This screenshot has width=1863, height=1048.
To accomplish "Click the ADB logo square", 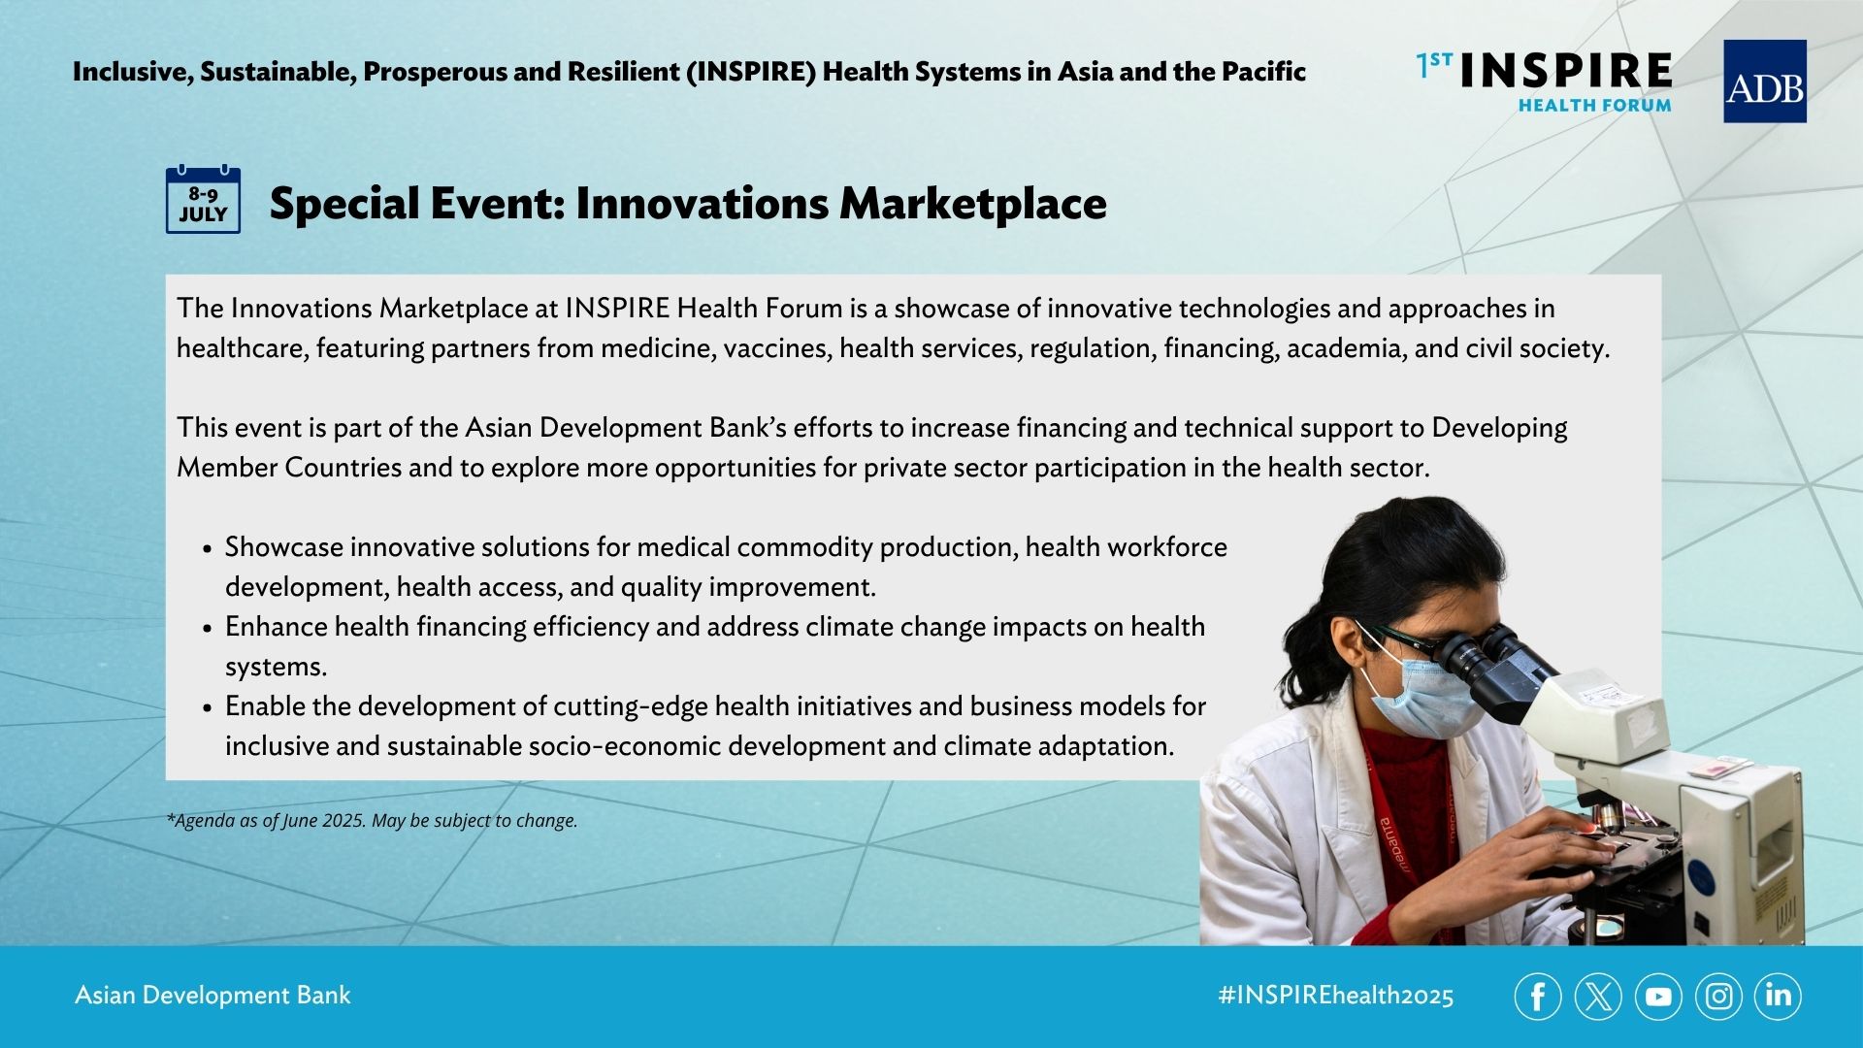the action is (x=1764, y=82).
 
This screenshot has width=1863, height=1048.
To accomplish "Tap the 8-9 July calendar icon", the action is (x=203, y=200).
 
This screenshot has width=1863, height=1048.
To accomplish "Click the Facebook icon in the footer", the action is (x=1538, y=997).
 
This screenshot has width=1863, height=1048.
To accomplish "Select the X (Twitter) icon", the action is (x=1598, y=997).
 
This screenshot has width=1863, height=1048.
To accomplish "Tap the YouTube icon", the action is (x=1658, y=997).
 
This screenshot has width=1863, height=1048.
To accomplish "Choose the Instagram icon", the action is (x=1718, y=997).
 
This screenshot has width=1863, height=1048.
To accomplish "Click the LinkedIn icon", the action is (x=1778, y=997).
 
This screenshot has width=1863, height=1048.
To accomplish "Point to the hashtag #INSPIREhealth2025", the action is (x=1336, y=996).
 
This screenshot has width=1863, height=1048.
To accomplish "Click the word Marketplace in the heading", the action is (x=972, y=204).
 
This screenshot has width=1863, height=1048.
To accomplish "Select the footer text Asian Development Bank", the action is (x=212, y=996).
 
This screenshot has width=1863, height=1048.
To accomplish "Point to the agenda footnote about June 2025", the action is (x=372, y=821).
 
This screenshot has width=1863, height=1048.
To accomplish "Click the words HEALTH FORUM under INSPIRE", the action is (x=1594, y=105).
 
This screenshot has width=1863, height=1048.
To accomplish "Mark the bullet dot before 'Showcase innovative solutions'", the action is (x=208, y=549).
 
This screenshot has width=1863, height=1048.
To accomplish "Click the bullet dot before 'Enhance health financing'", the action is (x=208, y=629).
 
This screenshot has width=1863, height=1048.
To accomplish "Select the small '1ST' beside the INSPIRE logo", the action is (x=1434, y=65).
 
